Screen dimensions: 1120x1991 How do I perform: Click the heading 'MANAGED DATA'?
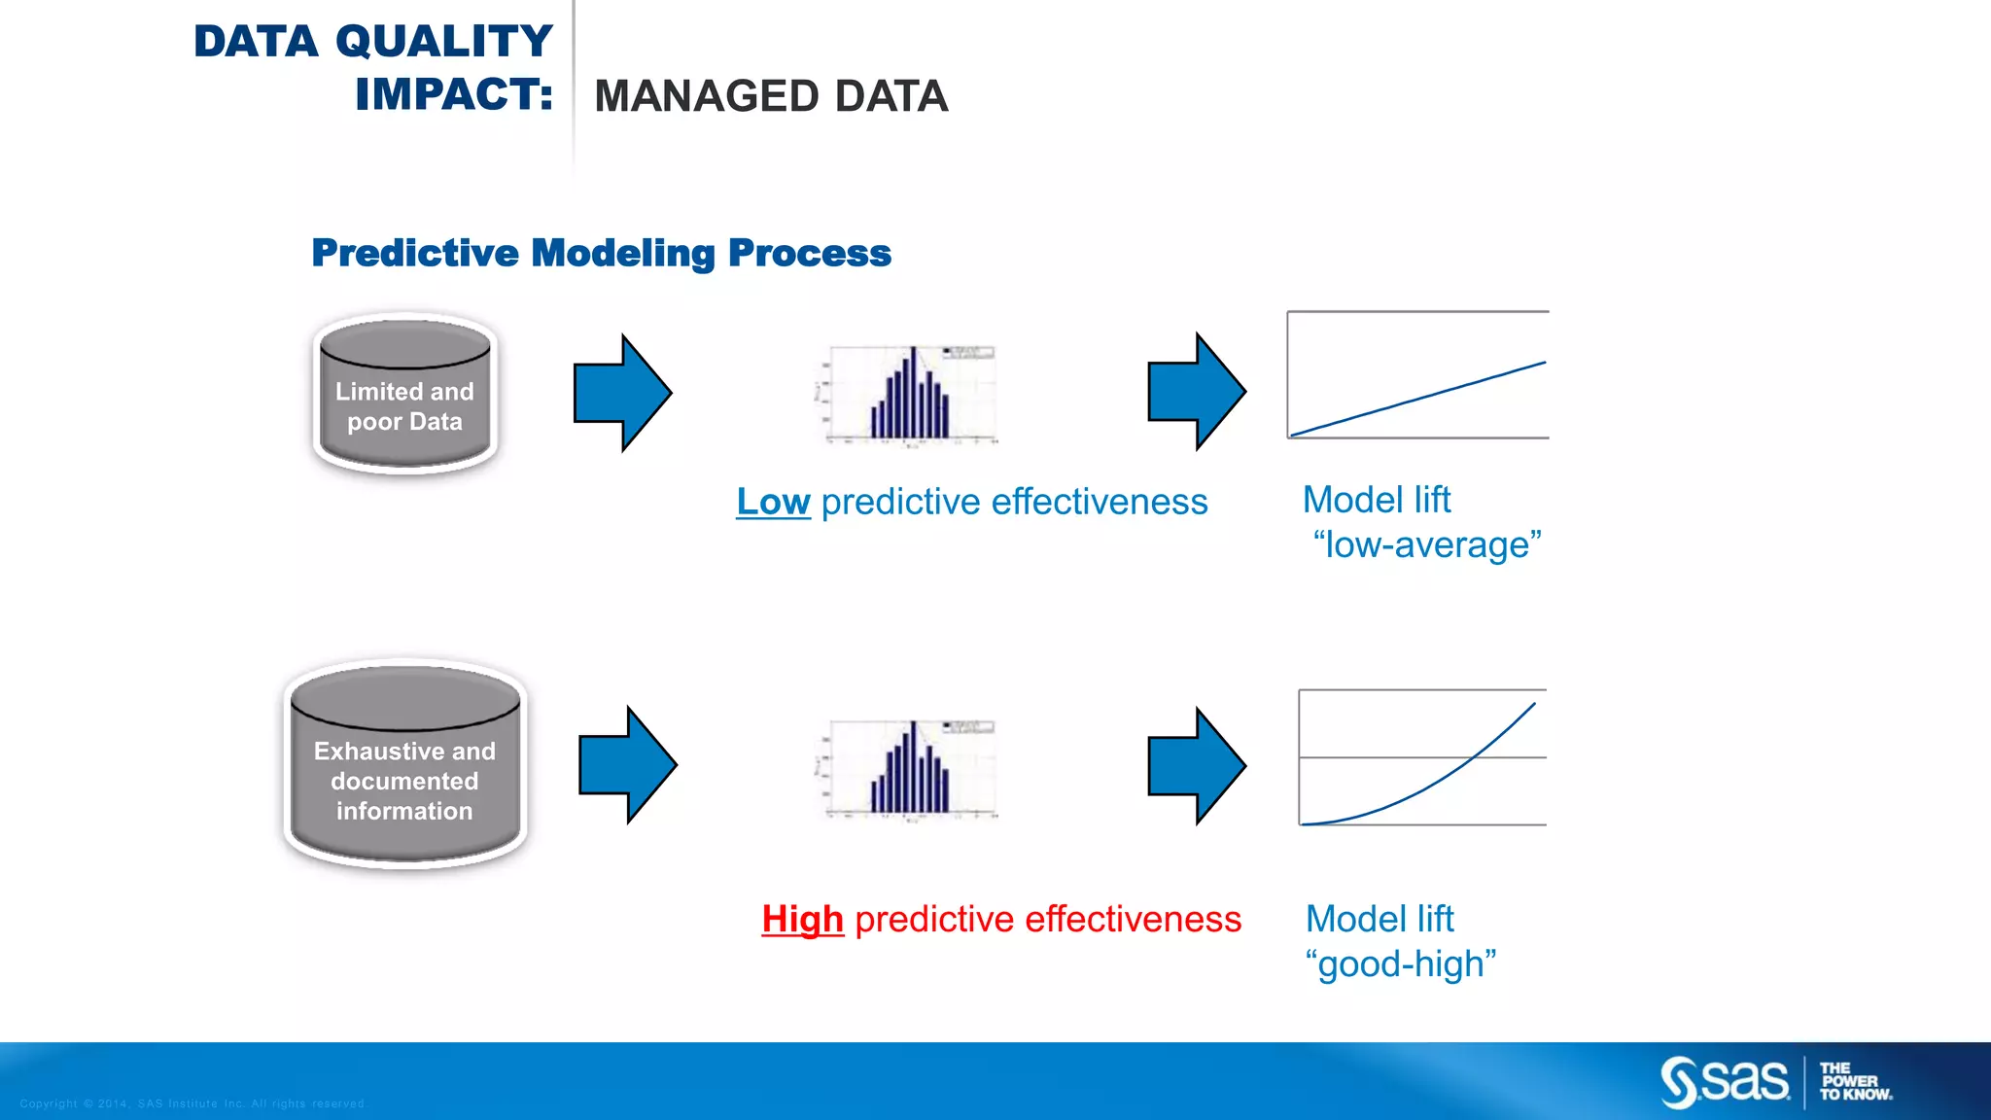click(770, 96)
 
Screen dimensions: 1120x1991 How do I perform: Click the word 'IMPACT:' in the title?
click(453, 94)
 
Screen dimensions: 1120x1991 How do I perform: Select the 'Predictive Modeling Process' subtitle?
click(601, 253)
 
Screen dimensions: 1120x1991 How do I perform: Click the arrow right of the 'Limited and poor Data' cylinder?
click(622, 393)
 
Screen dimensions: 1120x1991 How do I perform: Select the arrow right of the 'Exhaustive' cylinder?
click(627, 765)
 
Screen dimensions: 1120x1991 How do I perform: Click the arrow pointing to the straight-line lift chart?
click(1196, 392)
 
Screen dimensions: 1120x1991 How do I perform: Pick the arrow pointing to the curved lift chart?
click(1196, 766)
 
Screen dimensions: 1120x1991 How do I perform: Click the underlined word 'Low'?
click(773, 502)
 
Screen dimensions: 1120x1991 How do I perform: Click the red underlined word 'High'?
click(802, 919)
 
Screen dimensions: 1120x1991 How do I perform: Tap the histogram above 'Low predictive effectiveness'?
click(908, 395)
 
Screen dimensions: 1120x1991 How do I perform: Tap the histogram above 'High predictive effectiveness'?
click(908, 769)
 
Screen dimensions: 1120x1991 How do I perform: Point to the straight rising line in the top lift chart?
click(1419, 398)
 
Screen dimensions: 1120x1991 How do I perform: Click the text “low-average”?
click(1426, 545)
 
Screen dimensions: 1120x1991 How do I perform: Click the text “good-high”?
click(1400, 964)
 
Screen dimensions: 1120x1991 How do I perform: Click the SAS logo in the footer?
click(1725, 1081)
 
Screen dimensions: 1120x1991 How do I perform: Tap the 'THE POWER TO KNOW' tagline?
click(1854, 1081)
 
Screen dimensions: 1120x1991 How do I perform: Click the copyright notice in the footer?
click(192, 1103)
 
